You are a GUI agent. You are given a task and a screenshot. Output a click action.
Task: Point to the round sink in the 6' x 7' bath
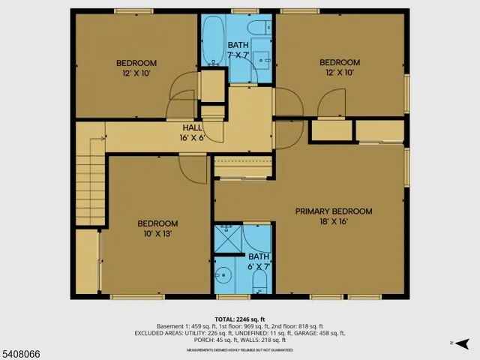pos(223,273)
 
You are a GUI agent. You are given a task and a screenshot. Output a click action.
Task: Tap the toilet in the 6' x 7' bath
pos(258,282)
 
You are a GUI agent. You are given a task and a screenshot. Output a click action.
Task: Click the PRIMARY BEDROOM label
pos(333,211)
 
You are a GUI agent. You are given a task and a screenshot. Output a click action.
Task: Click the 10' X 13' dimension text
pos(157,234)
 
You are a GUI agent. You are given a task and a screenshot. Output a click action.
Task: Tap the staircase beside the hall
pos(90,176)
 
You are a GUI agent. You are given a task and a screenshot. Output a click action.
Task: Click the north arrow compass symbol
pos(464,343)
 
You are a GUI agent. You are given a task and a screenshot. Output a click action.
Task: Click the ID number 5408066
pos(22,350)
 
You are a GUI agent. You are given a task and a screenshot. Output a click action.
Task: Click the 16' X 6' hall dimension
pos(192,137)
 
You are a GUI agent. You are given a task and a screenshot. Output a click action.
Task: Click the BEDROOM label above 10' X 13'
pos(157,223)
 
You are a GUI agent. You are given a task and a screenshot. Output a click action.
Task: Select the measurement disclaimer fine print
pos(239,349)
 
